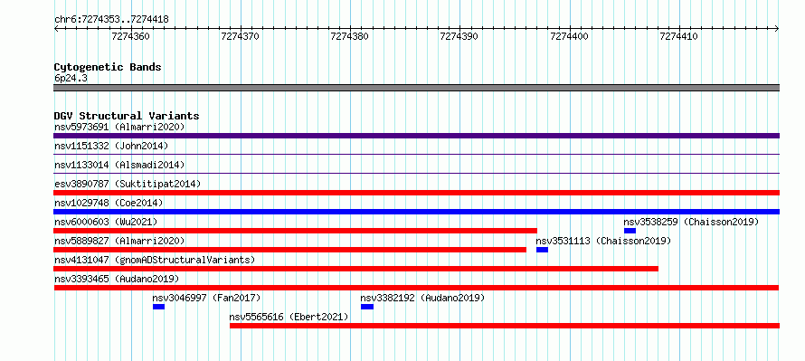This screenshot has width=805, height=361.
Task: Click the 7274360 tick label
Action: coord(130,36)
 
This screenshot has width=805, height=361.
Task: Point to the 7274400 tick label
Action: coord(569,36)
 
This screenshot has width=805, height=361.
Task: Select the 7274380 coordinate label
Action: coord(350,36)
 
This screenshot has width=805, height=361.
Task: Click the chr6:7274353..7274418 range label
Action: coord(111,20)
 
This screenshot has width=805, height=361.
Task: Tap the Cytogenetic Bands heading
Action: coord(108,67)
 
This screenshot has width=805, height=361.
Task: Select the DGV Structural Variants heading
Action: coord(127,116)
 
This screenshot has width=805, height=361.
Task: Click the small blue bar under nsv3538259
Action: coord(630,231)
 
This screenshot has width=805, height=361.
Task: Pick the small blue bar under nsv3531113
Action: coord(542,250)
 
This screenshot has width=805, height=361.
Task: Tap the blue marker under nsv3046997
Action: coord(158,307)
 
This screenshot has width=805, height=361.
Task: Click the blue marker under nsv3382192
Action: coord(367,307)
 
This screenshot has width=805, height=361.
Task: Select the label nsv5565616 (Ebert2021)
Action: coord(289,317)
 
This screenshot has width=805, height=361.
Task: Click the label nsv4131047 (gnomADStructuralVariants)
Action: coord(155,260)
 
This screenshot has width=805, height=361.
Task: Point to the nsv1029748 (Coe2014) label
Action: coord(109,203)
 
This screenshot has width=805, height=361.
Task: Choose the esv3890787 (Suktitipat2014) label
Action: coord(128,184)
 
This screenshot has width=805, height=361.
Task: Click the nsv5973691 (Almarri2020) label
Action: coord(119,127)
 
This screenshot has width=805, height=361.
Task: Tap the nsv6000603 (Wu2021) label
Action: coord(106,222)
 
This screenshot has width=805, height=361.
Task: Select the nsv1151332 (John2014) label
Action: coord(111,146)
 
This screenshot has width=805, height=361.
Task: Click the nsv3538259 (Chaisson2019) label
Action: coord(691,222)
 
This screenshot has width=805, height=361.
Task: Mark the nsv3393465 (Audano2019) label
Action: coord(117,279)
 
